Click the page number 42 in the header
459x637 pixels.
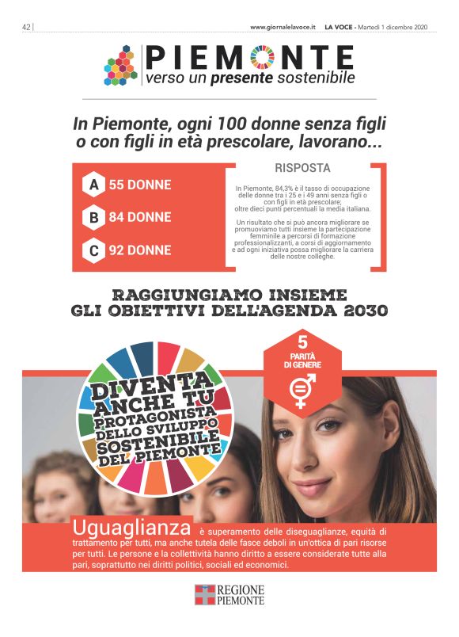pyautogui.click(x=26, y=27)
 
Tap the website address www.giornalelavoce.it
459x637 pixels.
pyautogui.click(x=283, y=27)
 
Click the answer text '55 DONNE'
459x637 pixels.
pyautogui.click(x=139, y=185)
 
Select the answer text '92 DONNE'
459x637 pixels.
pyautogui.click(x=139, y=250)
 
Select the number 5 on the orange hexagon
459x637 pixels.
pyautogui.click(x=302, y=343)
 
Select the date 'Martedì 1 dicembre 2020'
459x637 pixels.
pyautogui.click(x=393, y=27)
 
